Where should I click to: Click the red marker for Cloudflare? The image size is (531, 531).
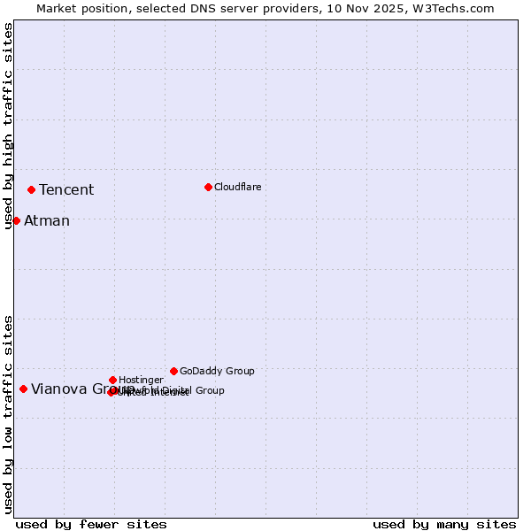tap(208, 187)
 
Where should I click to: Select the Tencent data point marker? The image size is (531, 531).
tap(31, 189)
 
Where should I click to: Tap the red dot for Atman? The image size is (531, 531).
tap(16, 220)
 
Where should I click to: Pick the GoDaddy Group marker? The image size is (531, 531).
tap(173, 371)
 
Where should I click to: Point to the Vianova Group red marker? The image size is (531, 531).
tap(23, 389)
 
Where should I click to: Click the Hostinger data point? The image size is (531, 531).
tap(112, 380)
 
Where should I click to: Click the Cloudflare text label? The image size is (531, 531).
tap(237, 187)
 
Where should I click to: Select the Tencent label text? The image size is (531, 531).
tap(66, 190)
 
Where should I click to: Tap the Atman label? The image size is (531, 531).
tap(47, 221)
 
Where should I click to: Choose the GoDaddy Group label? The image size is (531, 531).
tap(217, 371)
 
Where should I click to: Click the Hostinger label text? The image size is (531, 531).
tap(141, 380)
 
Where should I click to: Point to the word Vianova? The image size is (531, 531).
tap(60, 389)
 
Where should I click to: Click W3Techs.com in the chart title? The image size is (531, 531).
tap(451, 8)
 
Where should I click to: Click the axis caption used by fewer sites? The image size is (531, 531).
tap(91, 524)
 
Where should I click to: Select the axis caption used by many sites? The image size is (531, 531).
tap(444, 524)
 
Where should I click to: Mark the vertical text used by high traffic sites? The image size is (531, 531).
tap(8, 127)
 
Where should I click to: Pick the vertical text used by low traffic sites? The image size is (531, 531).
tap(8, 414)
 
